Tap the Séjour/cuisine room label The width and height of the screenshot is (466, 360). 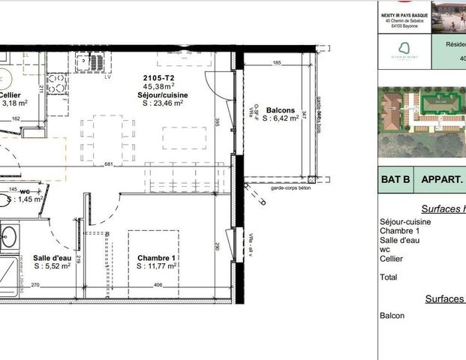click(162, 95)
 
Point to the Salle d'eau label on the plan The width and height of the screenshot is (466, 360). click(53, 257)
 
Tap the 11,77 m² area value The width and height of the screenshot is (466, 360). click(161, 265)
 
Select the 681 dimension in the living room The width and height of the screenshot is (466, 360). click(109, 164)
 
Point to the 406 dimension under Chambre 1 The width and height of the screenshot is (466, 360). click(158, 285)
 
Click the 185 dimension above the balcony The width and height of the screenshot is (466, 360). click(277, 63)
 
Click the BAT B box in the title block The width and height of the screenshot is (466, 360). click(395, 181)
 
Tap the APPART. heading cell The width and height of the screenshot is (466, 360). click(442, 181)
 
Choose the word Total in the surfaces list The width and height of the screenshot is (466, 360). click(389, 277)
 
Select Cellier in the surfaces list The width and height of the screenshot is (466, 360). click(392, 259)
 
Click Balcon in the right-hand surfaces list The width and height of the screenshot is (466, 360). click(392, 316)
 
